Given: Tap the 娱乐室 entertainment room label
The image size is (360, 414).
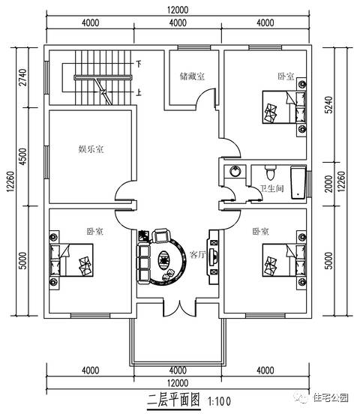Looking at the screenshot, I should [91, 149].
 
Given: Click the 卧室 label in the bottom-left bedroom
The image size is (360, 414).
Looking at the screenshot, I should [94, 232].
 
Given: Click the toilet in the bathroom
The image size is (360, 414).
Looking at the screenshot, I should [235, 171].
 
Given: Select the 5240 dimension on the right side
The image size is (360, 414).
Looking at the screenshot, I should [328, 106].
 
